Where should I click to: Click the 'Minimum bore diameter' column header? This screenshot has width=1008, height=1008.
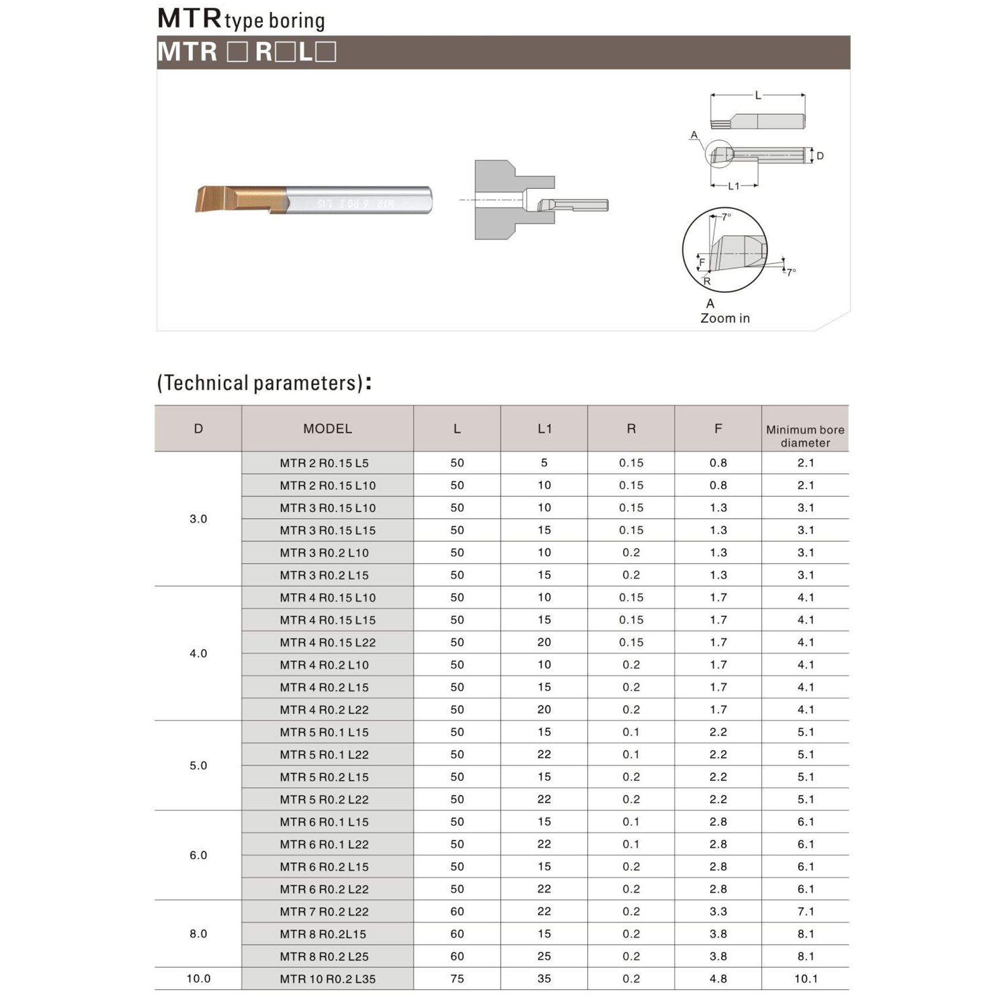click(x=805, y=435)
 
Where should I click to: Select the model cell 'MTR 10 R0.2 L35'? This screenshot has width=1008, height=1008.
click(x=327, y=978)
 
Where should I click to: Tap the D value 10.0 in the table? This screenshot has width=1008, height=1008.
click(x=198, y=978)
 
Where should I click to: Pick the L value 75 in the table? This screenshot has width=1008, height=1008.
click(x=457, y=978)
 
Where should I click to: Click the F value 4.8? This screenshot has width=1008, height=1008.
click(x=718, y=978)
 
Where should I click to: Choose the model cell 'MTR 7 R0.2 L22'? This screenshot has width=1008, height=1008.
click(x=324, y=911)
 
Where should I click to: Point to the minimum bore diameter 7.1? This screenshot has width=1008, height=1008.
click(x=805, y=911)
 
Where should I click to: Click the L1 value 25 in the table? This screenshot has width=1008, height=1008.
click(x=544, y=956)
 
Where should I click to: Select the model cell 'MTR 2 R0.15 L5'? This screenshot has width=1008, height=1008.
click(x=324, y=463)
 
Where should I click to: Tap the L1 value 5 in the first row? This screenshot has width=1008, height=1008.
click(x=544, y=463)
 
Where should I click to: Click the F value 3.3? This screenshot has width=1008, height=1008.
click(x=718, y=911)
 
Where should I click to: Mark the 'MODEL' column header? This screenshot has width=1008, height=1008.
click(x=327, y=429)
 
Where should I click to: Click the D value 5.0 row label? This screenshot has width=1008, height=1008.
click(x=198, y=765)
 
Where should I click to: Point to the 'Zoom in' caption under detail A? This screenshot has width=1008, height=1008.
click(x=724, y=319)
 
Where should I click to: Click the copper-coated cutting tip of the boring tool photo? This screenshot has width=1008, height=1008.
click(x=228, y=199)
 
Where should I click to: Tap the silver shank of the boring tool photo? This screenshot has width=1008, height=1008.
click(x=363, y=200)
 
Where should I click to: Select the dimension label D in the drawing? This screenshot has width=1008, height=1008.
click(x=820, y=156)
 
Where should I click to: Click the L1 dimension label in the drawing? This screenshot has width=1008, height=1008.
click(x=733, y=186)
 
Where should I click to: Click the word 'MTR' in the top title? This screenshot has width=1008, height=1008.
click(x=189, y=19)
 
